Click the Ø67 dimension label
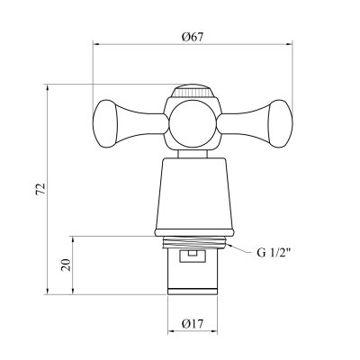pos(193,37)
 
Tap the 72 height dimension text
pos(40,189)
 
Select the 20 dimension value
pos(66,265)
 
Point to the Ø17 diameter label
pos(193,323)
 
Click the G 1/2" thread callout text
pos(274,253)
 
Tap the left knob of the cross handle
pos(104,124)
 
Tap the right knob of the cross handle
pos(280,124)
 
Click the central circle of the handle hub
pos(193,124)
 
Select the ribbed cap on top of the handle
pos(193,91)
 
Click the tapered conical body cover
pos(194,193)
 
